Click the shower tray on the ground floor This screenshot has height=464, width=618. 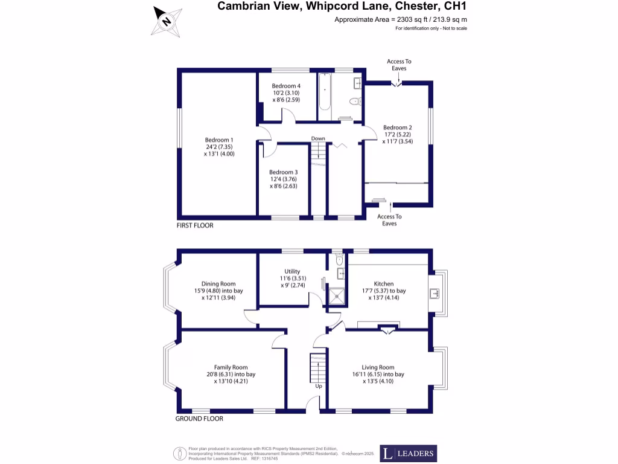(337, 295)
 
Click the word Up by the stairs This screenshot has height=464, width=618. (319, 385)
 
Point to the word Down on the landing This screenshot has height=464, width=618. (318, 138)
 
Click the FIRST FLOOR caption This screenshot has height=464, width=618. (195, 225)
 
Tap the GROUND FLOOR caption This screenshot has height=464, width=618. (199, 419)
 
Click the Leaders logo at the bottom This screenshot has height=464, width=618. (408, 453)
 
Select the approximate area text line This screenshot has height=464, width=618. (401, 20)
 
